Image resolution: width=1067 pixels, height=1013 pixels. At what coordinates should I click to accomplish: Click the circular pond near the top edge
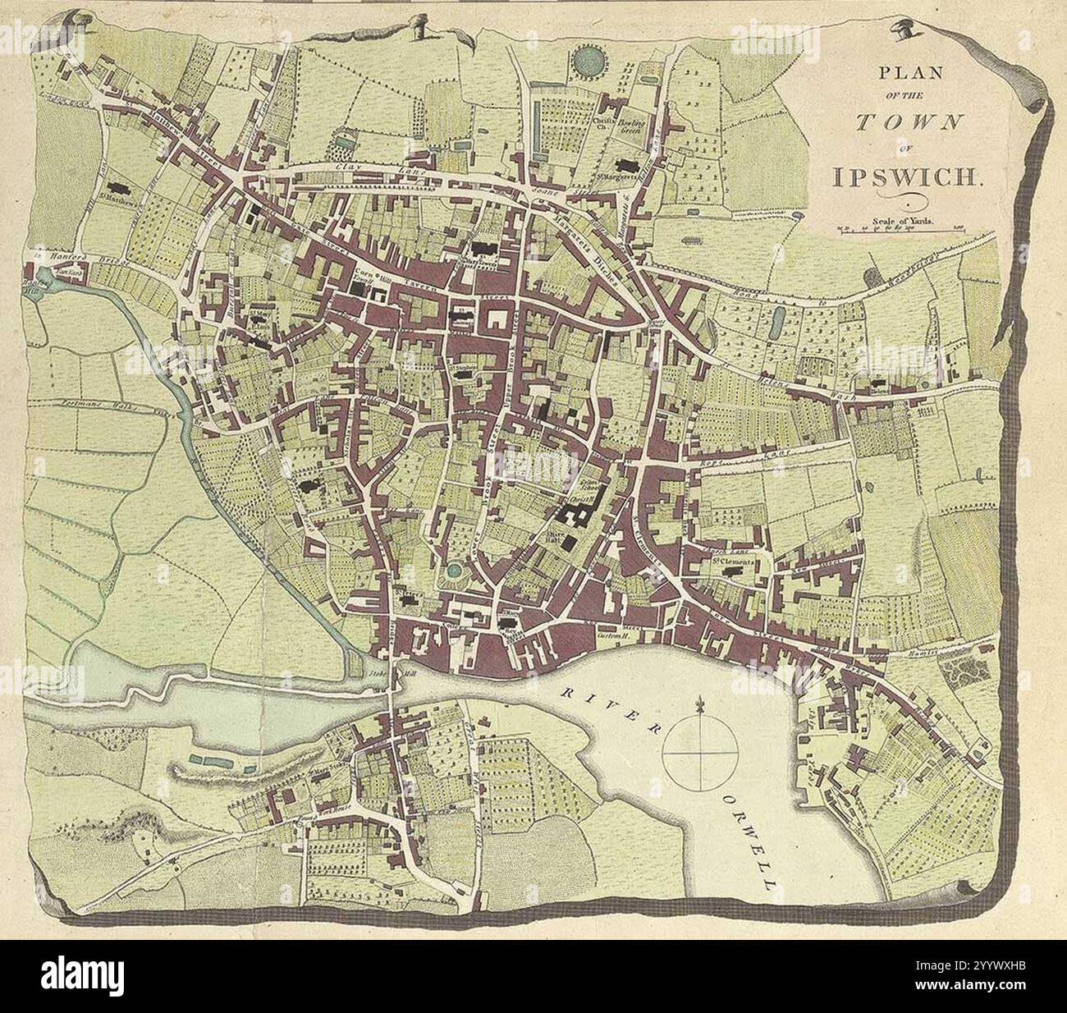tap(587, 59)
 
